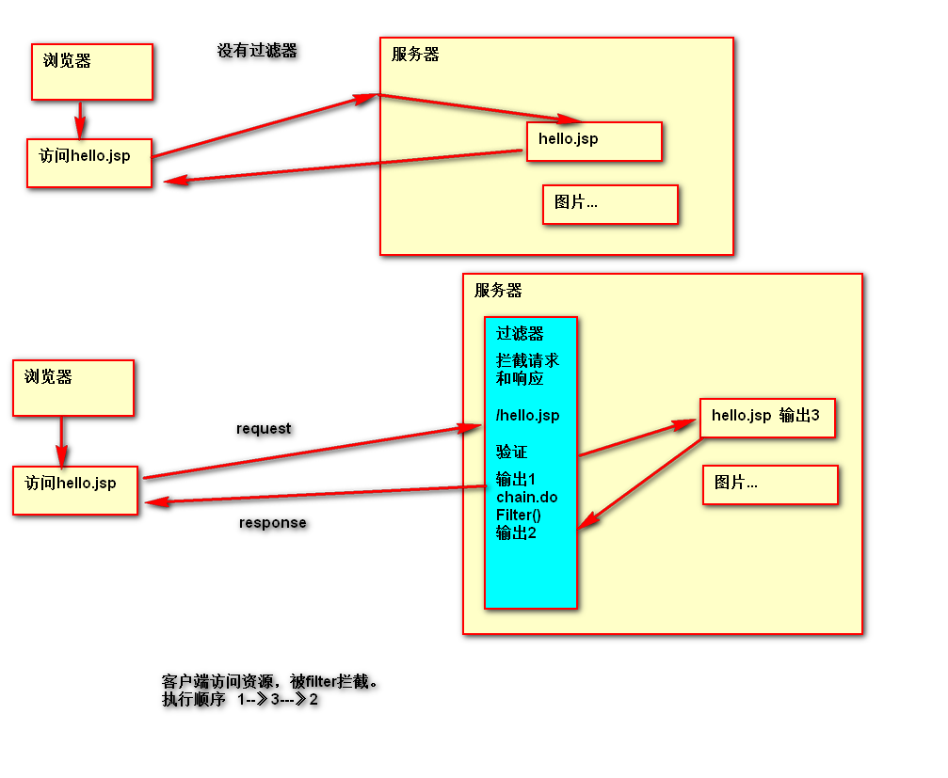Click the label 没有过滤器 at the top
pyautogui.click(x=257, y=51)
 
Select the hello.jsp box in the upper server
pyautogui.click(x=594, y=141)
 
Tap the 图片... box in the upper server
pyautogui.click(x=610, y=204)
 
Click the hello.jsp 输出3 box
pyautogui.click(x=767, y=418)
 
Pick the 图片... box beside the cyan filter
pyautogui.click(x=770, y=484)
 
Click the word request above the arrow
pyautogui.click(x=264, y=429)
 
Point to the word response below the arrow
pyautogui.click(x=272, y=523)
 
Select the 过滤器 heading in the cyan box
pyautogui.click(x=520, y=333)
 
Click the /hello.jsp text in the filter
pyautogui.click(x=527, y=415)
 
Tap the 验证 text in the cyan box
pyautogui.click(x=511, y=452)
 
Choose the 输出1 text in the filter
pyautogui.click(x=515, y=479)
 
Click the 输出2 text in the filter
pyautogui.click(x=516, y=532)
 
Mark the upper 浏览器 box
pyautogui.click(x=91, y=71)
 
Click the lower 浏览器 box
pyautogui.click(x=72, y=388)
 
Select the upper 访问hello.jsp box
pyautogui.click(x=89, y=162)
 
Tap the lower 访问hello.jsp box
pyautogui.click(x=75, y=489)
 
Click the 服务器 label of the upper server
pyautogui.click(x=415, y=55)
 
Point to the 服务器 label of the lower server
pyautogui.click(x=498, y=291)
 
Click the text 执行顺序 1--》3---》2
pyautogui.click(x=240, y=700)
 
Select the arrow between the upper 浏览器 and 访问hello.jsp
pyautogui.click(x=80, y=119)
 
